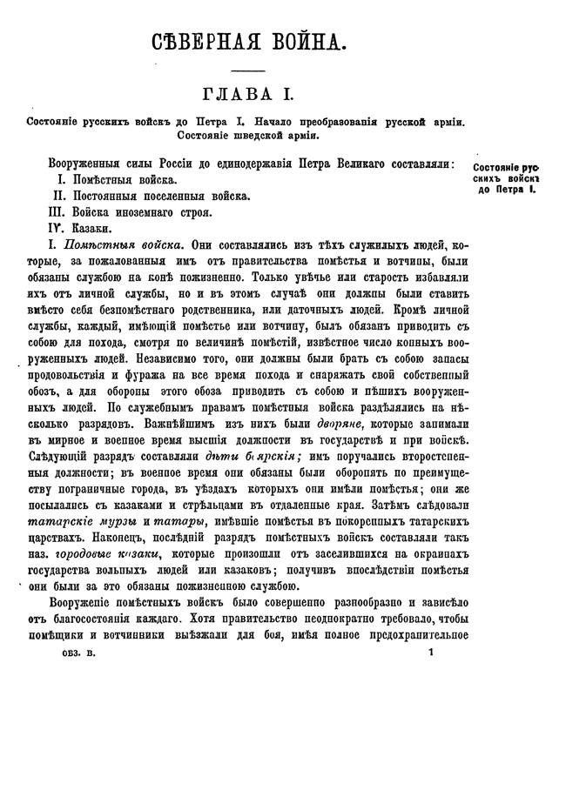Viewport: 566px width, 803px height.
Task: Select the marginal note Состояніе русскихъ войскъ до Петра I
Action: point(508,177)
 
